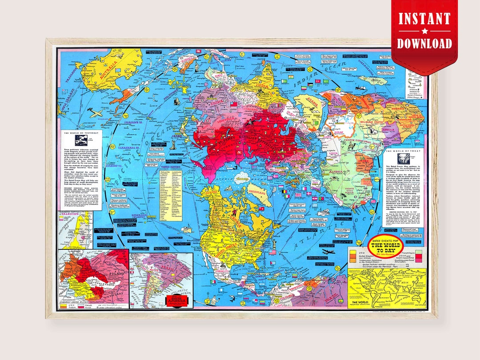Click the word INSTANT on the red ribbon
tap(424, 19)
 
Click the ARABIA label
tap(307, 107)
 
